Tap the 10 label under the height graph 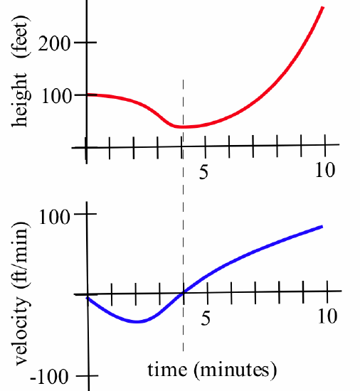tap(324, 171)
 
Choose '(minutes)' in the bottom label tap(232, 370)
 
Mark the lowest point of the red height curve tap(184, 127)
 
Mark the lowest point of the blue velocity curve tap(137, 322)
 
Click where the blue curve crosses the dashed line tap(184, 292)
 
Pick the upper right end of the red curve tap(323, 7)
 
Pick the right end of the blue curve tap(322, 226)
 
